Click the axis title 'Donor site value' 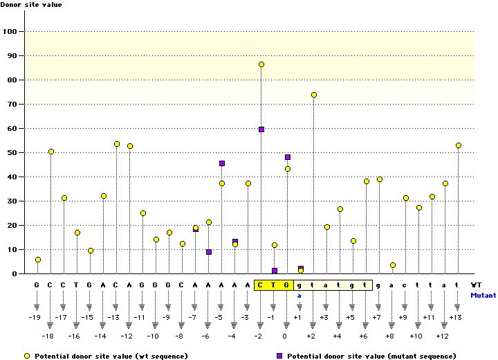[x=31, y=5]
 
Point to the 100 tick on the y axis [x=12, y=31]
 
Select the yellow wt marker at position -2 [x=261, y=64]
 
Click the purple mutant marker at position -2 [x=261, y=129]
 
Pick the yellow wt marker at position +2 [x=314, y=95]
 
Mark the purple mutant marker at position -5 [x=222, y=163]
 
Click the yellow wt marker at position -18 [x=51, y=152]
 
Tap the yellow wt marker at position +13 [x=458, y=145]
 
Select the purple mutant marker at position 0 [x=288, y=157]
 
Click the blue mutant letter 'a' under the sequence [x=300, y=295]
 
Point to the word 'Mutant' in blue [x=483, y=295]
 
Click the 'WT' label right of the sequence [x=477, y=285]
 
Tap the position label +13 [x=455, y=317]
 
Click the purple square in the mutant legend [x=280, y=355]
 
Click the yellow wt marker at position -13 [x=117, y=144]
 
